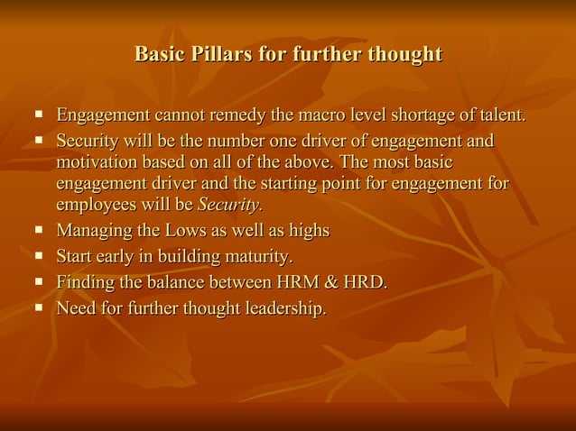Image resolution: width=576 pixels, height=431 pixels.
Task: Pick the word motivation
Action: coord(99,163)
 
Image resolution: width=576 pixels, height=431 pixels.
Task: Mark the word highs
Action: coord(307,231)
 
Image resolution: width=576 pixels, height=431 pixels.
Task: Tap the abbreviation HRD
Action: coord(367,283)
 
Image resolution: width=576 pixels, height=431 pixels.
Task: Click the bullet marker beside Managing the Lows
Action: coord(39,230)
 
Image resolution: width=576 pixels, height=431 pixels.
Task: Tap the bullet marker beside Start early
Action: coord(39,256)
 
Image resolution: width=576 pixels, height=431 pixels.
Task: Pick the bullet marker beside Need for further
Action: coord(39,308)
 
